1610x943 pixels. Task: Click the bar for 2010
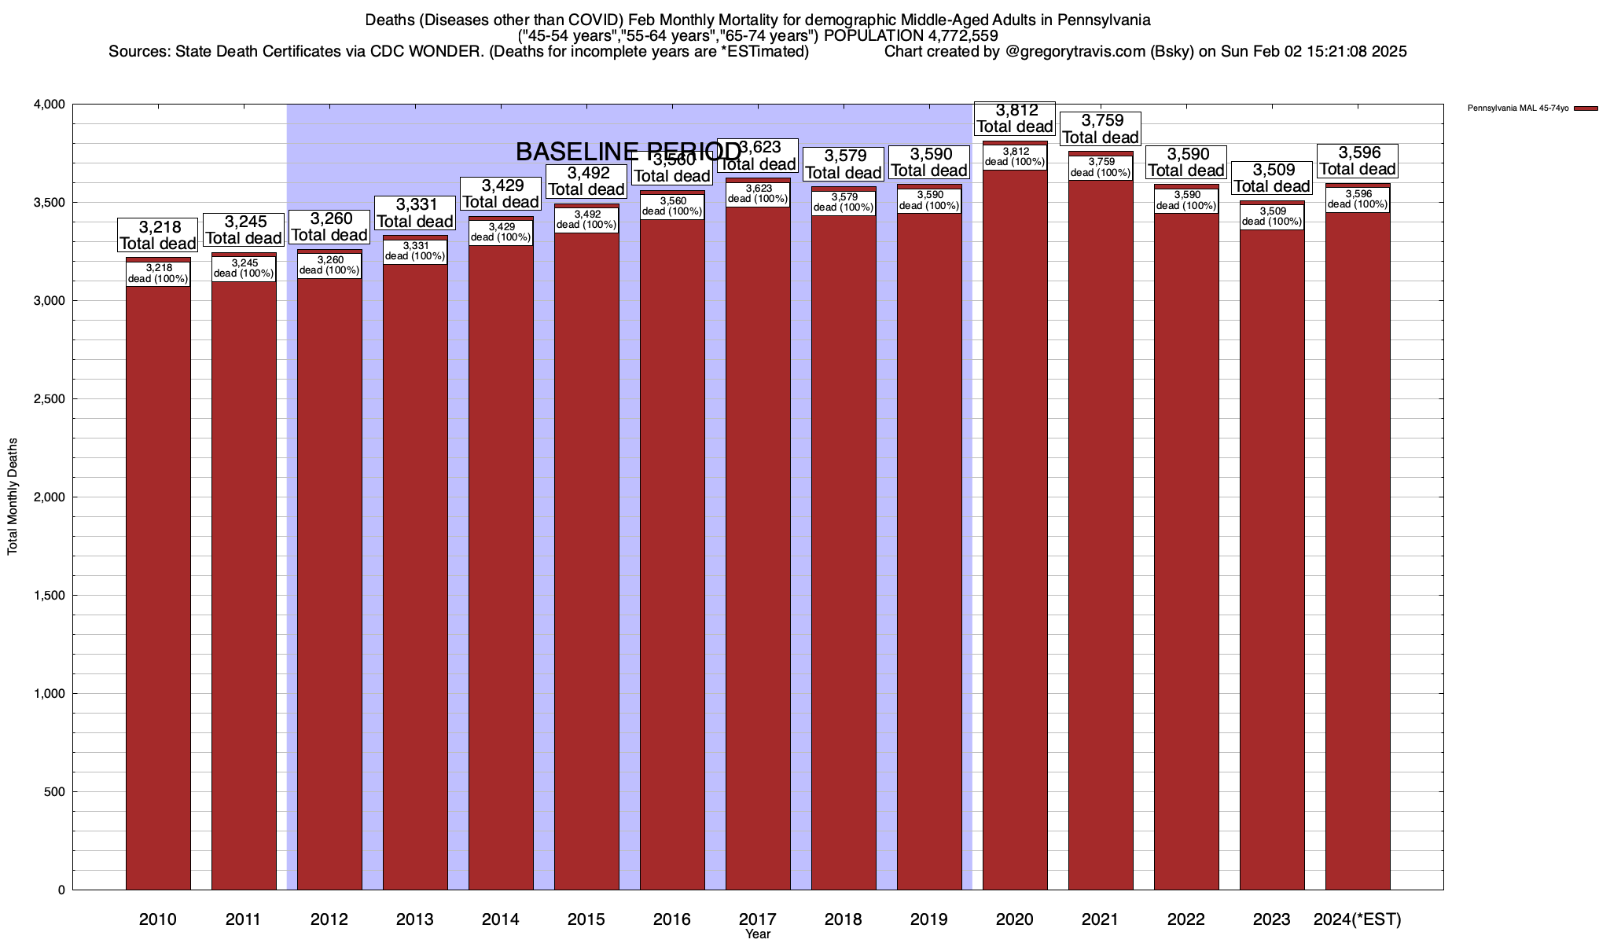pyautogui.click(x=158, y=589)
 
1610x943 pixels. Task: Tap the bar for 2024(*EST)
pyautogui.click(x=1358, y=566)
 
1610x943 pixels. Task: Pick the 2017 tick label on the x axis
pyautogui.click(x=758, y=919)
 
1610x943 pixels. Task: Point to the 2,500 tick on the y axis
pyautogui.click(x=51, y=399)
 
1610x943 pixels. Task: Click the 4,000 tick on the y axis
pyautogui.click(x=51, y=105)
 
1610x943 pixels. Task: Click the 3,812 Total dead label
pyautogui.click(x=1014, y=119)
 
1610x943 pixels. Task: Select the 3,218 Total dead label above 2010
pyautogui.click(x=157, y=235)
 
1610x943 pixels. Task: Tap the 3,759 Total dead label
pyautogui.click(x=1100, y=129)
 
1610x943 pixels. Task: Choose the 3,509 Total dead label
pyautogui.click(x=1271, y=178)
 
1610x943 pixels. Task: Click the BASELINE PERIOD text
pyautogui.click(x=628, y=151)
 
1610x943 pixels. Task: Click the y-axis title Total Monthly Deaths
pyautogui.click(x=13, y=497)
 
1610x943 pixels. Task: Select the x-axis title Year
pyautogui.click(x=758, y=934)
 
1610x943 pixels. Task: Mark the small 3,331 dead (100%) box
pyautogui.click(x=415, y=251)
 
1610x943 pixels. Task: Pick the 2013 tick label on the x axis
pyautogui.click(x=415, y=919)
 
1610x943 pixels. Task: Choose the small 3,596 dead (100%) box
pyautogui.click(x=1358, y=200)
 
